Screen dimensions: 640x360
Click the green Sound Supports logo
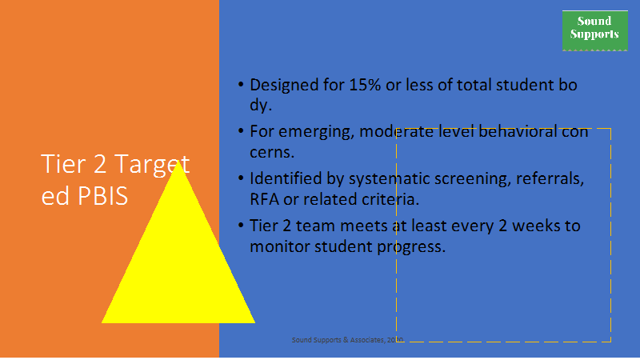pos(594,30)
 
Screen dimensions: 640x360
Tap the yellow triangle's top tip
pos(178,161)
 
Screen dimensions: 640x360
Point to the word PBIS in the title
pos(102,196)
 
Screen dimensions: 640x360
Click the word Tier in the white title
pos(64,164)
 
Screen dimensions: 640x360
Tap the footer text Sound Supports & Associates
pos(338,339)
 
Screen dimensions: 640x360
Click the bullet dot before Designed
pos(241,85)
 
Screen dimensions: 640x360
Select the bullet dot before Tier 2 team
pos(241,226)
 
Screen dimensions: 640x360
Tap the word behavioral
pos(518,132)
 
